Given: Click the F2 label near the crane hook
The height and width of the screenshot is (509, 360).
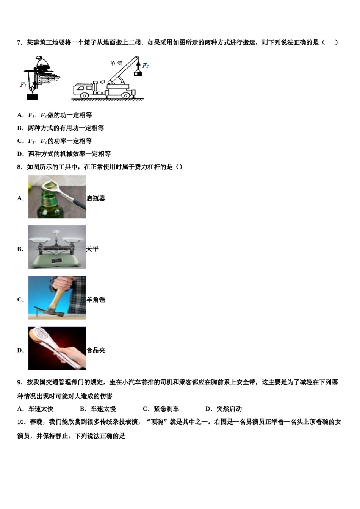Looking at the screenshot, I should tap(146, 66).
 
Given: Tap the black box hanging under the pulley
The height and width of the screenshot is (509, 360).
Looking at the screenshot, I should tap(33, 97).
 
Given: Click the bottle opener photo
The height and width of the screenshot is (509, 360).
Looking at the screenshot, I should tap(57, 197).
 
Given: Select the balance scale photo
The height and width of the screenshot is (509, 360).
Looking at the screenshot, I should tap(57, 247).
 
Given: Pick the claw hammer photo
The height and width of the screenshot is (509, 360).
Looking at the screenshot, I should tap(57, 298).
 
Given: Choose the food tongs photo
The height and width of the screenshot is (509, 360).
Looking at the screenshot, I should tap(57, 348).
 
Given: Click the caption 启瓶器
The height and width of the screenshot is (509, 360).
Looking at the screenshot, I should tap(96, 198).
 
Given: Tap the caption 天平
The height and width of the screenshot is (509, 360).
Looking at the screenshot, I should tap(92, 249).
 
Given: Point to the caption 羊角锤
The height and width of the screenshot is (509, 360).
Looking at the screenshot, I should tap(96, 300).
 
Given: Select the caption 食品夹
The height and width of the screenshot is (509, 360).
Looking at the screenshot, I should tap(96, 350).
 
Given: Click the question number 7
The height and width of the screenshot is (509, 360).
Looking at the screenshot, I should tap(19, 43).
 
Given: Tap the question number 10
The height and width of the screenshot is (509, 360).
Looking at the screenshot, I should tap(21, 422).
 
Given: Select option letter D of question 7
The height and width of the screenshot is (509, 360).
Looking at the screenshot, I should tap(20, 154).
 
